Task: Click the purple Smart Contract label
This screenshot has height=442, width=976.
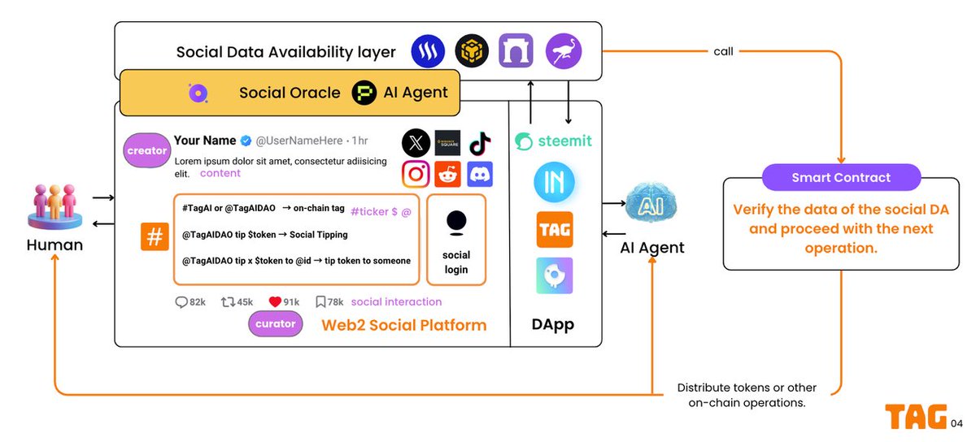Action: point(841,177)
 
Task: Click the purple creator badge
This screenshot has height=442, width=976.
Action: point(146,151)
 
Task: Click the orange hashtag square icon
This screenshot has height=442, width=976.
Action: point(155,236)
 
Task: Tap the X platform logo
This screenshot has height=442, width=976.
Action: point(416,144)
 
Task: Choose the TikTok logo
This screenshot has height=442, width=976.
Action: point(480,144)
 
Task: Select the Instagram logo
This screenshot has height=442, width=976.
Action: point(416,174)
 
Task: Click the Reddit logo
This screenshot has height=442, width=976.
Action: point(448,174)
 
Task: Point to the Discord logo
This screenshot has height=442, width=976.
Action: point(480,174)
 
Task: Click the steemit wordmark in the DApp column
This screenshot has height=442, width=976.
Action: point(554,141)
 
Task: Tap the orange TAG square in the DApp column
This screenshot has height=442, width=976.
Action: point(555,229)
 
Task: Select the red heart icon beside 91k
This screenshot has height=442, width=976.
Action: point(275,301)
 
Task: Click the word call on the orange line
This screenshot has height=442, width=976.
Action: point(723,51)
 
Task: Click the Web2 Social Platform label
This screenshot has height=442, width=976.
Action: point(403,325)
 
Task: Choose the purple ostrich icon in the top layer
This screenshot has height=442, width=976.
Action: point(563,50)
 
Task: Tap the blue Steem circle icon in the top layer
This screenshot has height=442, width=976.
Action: point(426,51)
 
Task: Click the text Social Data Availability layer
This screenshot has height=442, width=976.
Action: point(286,52)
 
